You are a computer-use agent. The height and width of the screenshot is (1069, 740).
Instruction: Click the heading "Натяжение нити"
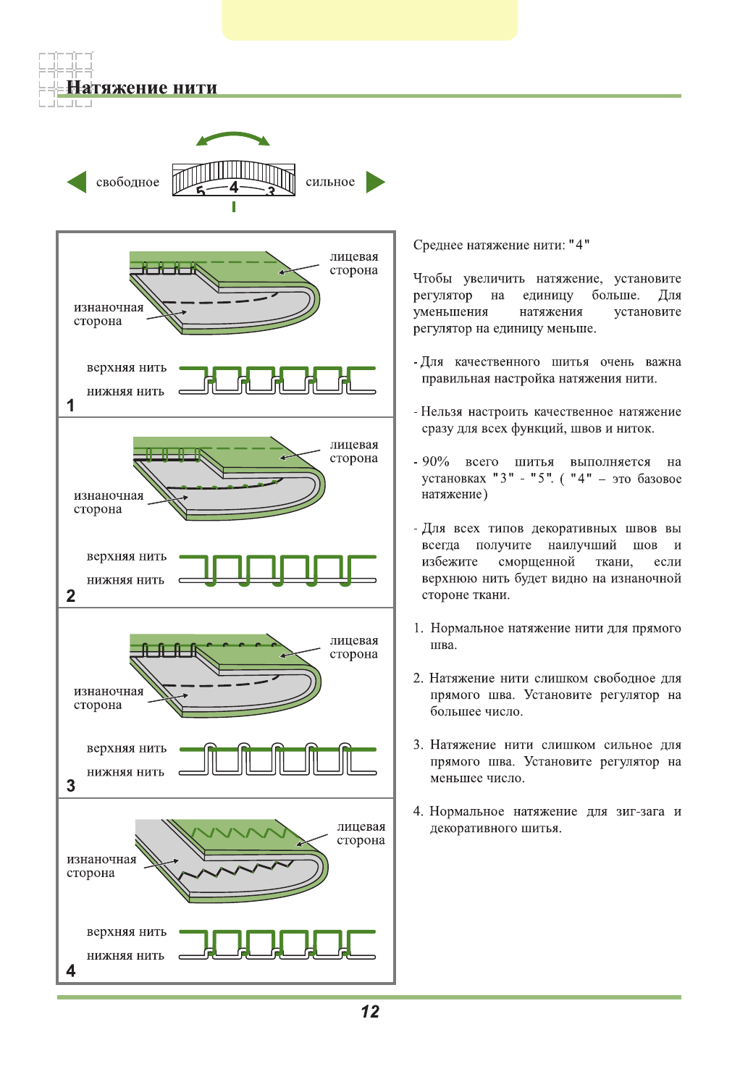[142, 88]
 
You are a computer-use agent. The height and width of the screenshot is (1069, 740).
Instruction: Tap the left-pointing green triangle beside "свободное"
[77, 182]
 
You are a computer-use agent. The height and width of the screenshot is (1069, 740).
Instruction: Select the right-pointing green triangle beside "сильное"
[375, 182]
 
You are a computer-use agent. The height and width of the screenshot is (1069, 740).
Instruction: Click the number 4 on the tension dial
[234, 187]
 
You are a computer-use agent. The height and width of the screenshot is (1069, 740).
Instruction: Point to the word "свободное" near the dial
[127, 183]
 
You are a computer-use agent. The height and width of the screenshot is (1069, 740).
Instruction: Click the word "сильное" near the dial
[330, 183]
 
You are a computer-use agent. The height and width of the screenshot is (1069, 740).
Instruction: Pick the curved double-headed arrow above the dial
[233, 138]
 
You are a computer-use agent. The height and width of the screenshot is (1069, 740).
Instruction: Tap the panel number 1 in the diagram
[70, 406]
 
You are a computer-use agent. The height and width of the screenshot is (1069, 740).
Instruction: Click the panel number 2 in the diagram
[70, 595]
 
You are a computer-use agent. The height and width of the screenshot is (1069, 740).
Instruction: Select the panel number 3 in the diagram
[70, 786]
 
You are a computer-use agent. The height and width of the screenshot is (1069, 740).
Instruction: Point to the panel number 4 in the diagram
[70, 971]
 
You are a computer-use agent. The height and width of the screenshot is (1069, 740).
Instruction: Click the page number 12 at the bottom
[370, 1012]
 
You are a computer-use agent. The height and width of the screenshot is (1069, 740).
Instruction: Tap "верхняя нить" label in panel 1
[127, 368]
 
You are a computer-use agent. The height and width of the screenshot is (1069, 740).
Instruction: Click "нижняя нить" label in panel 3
[125, 772]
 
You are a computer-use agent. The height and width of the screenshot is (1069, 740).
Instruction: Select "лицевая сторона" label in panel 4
[361, 834]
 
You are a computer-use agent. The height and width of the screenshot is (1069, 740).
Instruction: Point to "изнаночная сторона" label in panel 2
[109, 502]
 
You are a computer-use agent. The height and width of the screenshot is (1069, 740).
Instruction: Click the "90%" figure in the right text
[436, 462]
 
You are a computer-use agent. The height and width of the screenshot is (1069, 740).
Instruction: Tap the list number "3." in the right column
[418, 745]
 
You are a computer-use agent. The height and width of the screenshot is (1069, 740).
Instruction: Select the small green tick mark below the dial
[233, 206]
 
